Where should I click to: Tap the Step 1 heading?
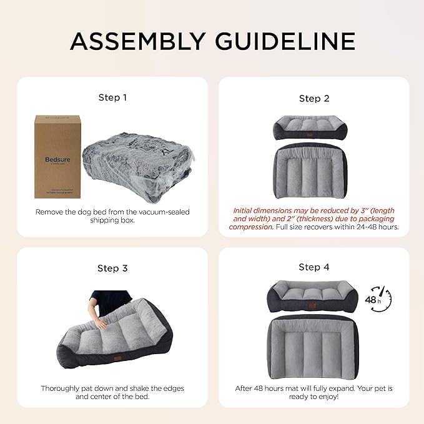coord(112,97)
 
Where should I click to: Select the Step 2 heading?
coord(314,98)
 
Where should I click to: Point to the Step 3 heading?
coord(112,268)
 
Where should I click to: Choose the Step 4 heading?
coord(314,267)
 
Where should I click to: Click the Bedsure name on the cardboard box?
coord(57,159)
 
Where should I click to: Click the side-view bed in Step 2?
coord(313,127)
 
